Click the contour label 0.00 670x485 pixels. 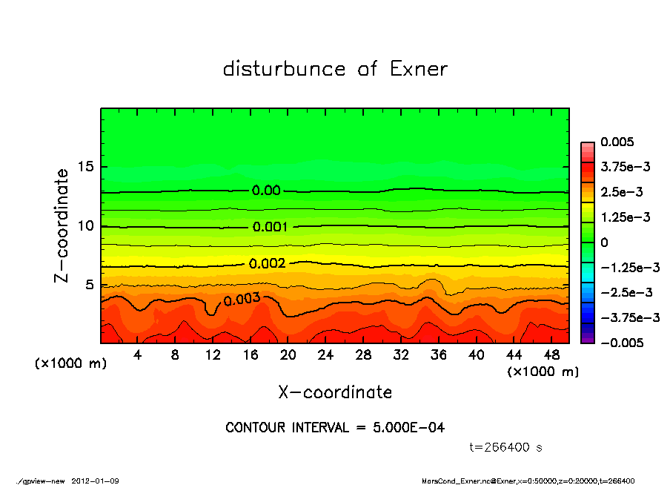click(266, 191)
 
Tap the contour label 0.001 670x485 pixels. click(270, 227)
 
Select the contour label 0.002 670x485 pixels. click(267, 263)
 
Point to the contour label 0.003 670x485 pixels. click(242, 299)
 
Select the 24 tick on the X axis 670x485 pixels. click(326, 355)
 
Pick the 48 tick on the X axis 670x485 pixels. click(551, 355)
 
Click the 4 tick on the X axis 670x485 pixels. click(138, 355)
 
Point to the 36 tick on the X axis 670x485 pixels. click(439, 355)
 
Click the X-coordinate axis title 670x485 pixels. click(335, 392)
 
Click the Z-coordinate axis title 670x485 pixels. click(63, 225)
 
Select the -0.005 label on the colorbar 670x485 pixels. click(621, 343)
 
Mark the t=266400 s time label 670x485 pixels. click(508, 447)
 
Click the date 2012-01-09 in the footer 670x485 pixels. click(96, 481)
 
